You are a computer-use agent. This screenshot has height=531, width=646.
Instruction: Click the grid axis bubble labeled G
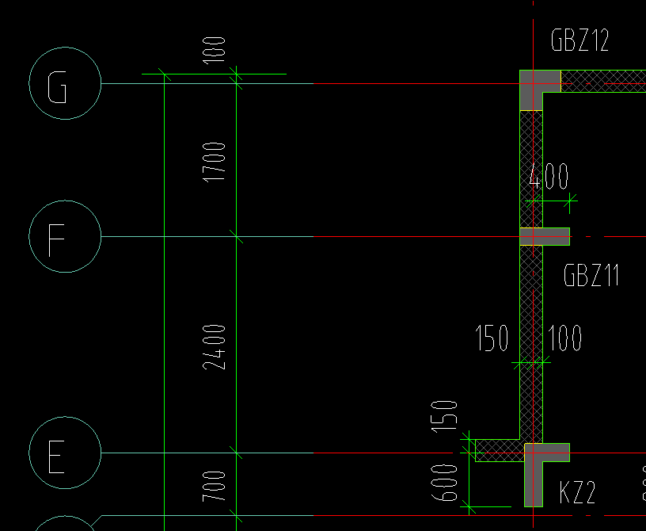65,83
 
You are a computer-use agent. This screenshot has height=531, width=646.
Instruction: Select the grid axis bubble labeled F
65,236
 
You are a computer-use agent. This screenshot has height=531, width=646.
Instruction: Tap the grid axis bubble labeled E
65,453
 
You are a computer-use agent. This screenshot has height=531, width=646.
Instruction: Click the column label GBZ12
579,40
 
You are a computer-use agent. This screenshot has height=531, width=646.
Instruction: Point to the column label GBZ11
591,276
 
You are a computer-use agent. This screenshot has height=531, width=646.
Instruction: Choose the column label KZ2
577,493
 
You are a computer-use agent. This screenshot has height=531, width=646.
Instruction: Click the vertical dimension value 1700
215,162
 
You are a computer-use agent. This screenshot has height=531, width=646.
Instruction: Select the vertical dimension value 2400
215,346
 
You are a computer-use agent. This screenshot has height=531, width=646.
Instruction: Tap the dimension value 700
215,487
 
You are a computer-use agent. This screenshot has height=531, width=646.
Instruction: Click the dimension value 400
549,177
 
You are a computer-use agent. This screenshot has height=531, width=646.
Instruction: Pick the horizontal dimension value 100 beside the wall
564,339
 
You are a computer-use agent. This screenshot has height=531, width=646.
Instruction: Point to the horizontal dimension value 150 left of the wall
492,339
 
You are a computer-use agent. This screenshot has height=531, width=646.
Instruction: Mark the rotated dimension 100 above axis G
215,49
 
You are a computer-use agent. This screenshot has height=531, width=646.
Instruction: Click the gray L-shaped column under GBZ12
535,83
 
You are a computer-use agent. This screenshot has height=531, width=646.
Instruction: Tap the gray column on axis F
544,236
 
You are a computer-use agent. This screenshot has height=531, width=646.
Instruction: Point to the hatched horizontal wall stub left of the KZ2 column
499,450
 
